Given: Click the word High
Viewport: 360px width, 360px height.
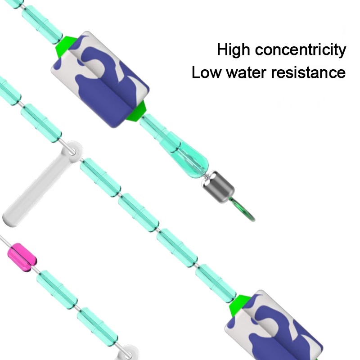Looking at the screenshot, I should (234, 50).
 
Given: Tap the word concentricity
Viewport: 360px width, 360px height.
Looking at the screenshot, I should (301, 50).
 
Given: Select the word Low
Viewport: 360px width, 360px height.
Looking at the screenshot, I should (206, 72).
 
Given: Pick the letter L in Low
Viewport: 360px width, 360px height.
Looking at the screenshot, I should (196, 72).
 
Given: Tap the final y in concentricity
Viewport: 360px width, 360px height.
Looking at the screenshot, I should (342, 51).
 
